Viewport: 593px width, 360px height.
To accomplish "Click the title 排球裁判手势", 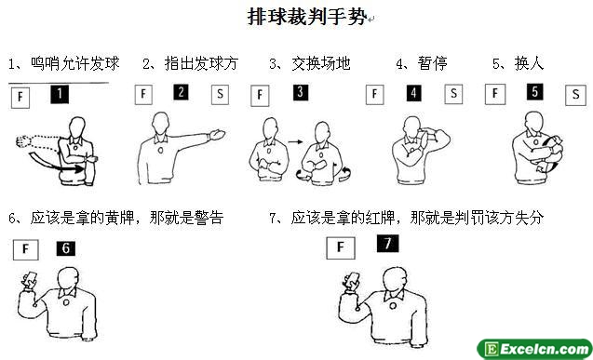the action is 307,17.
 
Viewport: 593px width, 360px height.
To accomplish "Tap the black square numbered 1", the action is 60,94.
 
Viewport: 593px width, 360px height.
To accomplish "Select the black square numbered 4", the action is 413,92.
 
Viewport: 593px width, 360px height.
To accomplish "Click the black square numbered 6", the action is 66,248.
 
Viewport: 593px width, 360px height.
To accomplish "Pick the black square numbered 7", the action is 387,244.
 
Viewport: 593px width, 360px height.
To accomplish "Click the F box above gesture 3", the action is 260,95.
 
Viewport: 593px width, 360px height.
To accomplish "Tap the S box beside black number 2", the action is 220,94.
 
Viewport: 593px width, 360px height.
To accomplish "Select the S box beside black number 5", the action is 575,95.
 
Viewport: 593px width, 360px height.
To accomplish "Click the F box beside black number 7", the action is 341,247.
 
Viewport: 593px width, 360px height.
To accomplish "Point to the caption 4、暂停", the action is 422,63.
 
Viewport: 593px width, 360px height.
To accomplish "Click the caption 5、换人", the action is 519,63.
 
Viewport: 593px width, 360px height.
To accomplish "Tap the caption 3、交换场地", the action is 310,63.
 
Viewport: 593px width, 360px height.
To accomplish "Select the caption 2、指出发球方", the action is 190,63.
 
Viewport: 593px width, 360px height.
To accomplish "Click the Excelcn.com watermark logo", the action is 534,349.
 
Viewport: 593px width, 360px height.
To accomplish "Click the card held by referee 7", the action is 352,280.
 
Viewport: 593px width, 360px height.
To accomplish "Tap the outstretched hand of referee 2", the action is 217,135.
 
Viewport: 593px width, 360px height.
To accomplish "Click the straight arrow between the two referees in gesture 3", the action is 295,142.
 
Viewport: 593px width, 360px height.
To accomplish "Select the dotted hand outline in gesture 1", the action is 23,141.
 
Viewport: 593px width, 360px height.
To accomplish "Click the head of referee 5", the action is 534,122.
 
